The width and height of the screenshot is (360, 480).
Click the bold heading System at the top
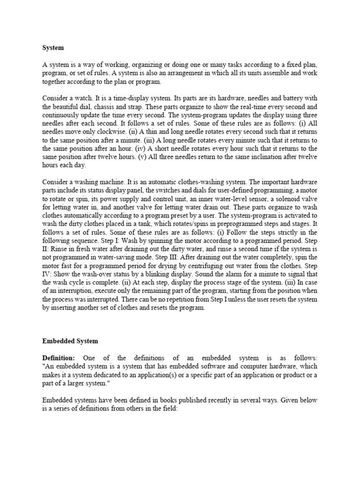click(x=53, y=47)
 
